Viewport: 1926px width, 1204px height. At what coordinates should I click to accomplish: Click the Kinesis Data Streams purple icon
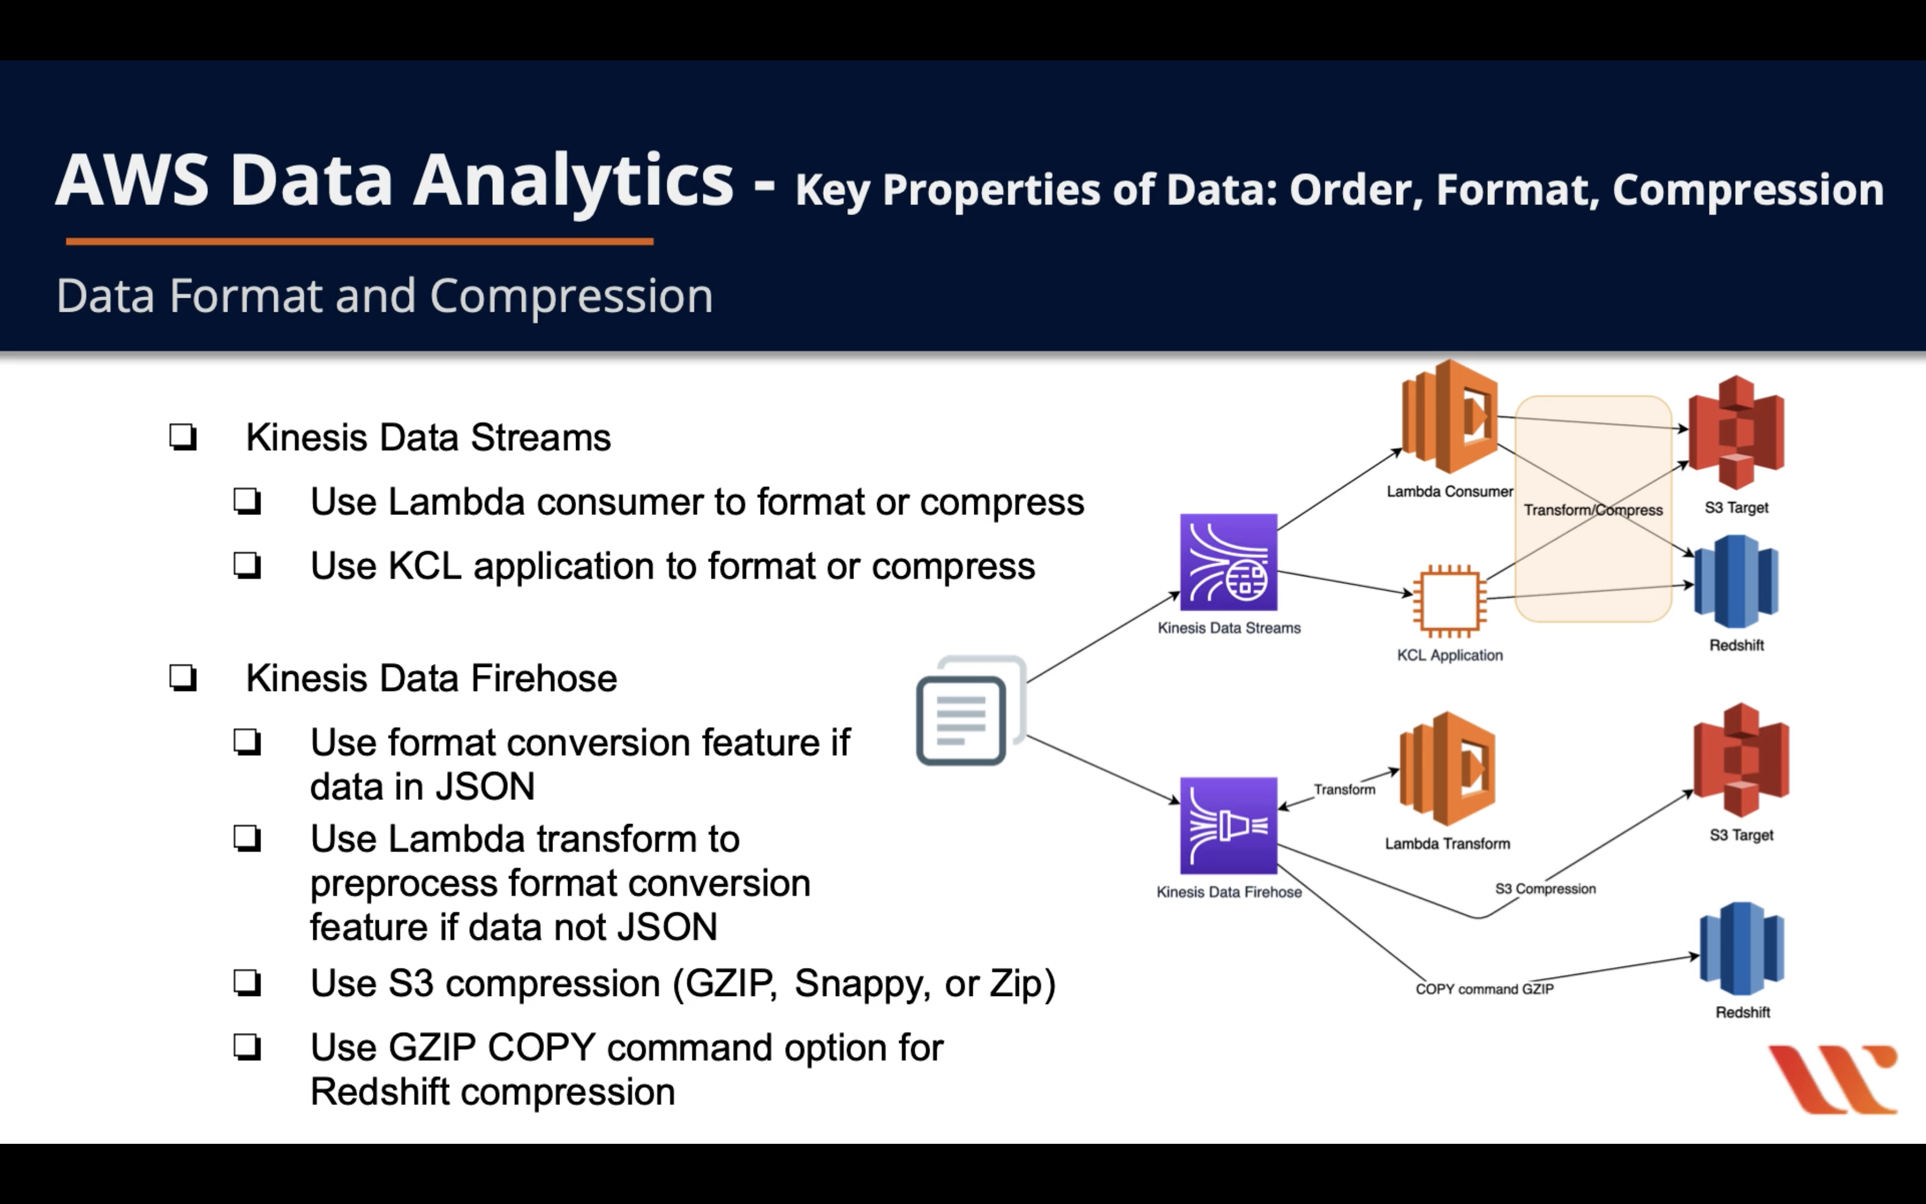point(1228,562)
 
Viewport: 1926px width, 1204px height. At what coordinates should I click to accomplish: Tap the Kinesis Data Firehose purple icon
point(1228,826)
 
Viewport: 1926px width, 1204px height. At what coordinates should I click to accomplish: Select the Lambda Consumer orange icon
point(1449,417)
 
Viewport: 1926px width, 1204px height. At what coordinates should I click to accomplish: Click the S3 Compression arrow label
point(1545,888)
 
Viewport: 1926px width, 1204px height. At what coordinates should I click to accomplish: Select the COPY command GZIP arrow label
point(1484,989)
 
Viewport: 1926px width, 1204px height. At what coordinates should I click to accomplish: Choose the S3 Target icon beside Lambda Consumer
point(1736,432)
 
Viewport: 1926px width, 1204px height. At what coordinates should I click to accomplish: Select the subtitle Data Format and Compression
point(384,296)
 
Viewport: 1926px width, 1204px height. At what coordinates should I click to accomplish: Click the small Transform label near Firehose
point(1344,789)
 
